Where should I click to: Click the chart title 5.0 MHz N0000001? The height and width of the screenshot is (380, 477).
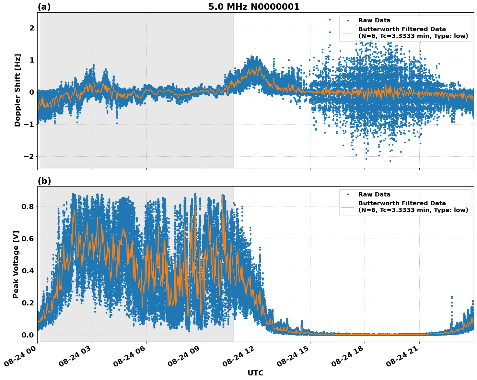(254, 7)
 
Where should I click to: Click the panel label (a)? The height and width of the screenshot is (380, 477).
(44, 7)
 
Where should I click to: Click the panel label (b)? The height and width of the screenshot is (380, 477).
(44, 181)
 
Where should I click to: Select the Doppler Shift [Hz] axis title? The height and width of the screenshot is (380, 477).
(17, 90)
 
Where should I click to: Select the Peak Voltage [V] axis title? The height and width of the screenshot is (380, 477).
(16, 264)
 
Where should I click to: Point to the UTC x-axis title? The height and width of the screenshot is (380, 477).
(255, 373)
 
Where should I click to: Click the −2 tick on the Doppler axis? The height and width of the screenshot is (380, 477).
(29, 156)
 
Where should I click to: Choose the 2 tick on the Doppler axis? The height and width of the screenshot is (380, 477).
(32, 28)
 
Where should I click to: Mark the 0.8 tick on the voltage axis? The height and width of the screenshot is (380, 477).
(28, 207)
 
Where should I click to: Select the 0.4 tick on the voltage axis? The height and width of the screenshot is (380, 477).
(28, 271)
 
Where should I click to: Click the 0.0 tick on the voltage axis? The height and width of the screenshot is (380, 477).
(28, 335)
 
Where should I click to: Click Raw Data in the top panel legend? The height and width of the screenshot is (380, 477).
(374, 20)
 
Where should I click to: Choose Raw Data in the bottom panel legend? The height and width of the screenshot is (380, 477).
(374, 195)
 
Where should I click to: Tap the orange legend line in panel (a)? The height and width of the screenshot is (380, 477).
(348, 33)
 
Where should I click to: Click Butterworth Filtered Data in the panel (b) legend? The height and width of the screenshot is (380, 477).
(402, 203)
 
